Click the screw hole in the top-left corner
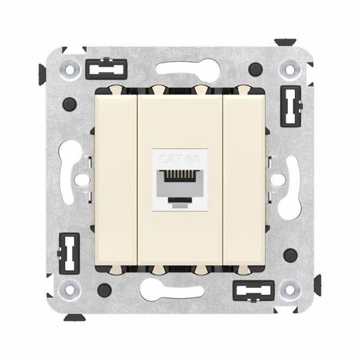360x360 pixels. [x=71, y=71]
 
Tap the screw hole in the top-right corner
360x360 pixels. [x=288, y=71]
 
